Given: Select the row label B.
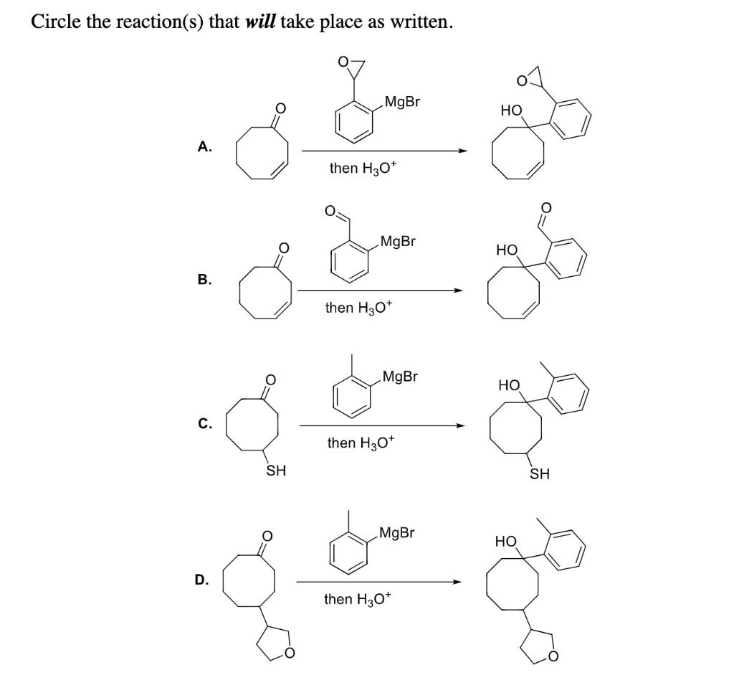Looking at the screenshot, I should click(204, 279).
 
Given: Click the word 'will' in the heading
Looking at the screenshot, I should click(260, 21).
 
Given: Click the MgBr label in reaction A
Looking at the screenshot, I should click(402, 102).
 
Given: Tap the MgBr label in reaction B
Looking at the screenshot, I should click(398, 240).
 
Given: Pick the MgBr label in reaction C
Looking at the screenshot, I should click(400, 376).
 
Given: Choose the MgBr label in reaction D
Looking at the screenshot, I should click(396, 532).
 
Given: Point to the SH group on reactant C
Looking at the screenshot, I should click(276, 471).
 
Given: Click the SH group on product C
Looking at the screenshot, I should click(540, 473).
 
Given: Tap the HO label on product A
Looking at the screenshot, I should click(511, 111).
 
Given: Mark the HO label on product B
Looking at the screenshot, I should click(507, 250).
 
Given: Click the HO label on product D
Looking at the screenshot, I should click(506, 540).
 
